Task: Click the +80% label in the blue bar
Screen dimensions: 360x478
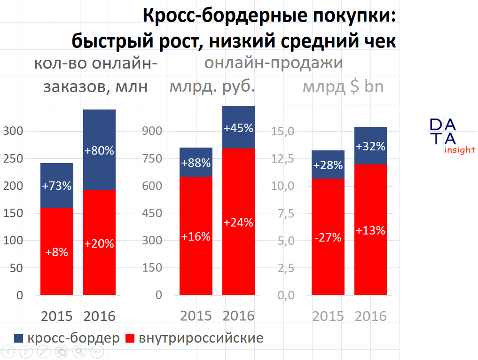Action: (x=99, y=151)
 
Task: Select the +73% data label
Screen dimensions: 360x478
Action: (x=57, y=186)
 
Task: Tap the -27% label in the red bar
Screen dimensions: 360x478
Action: (x=328, y=237)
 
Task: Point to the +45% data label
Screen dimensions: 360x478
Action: (x=238, y=128)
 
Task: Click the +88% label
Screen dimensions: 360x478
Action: (x=196, y=163)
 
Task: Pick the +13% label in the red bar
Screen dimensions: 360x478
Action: (x=370, y=231)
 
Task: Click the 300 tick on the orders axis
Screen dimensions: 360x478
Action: (x=13, y=131)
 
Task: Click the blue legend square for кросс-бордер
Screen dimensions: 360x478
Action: (x=19, y=338)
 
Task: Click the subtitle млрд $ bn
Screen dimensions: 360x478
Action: (x=343, y=87)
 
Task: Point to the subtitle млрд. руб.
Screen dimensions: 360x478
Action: (x=212, y=87)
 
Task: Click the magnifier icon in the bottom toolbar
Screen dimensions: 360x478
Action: (x=79, y=351)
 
